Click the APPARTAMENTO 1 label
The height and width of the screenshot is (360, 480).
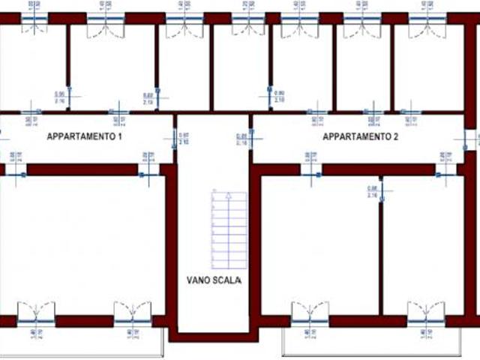point(84,137)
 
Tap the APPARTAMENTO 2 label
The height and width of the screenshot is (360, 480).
point(361,137)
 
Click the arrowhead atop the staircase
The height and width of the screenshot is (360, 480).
point(215,193)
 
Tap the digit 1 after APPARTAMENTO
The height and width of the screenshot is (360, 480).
point(119,137)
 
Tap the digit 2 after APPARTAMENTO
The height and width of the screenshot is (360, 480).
point(397,137)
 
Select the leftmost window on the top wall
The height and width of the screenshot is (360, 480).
point(34,18)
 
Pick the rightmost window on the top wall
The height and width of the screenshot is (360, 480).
point(427,18)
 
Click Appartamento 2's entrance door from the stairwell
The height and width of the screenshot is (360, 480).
point(251,138)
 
